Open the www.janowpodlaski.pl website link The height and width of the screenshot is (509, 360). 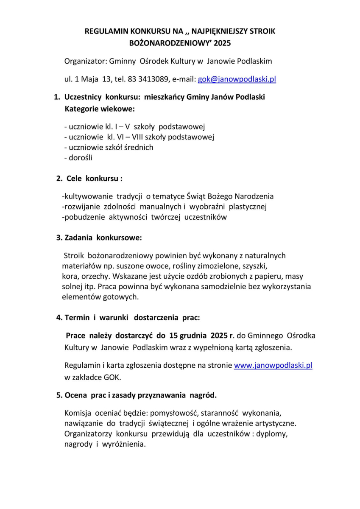(273, 365)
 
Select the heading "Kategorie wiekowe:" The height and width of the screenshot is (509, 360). (100, 109)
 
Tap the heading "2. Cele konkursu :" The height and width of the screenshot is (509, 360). (89, 179)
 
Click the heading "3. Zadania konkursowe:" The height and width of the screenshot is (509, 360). (99, 238)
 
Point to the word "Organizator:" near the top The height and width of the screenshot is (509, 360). (86, 61)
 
